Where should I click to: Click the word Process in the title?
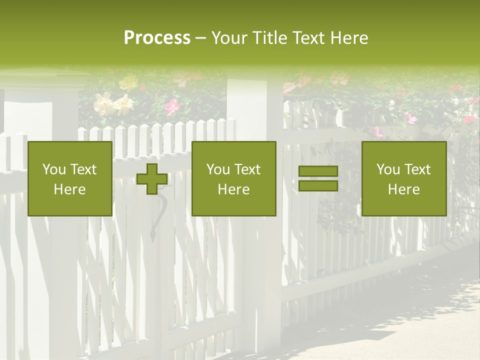157,38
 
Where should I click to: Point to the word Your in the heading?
229,38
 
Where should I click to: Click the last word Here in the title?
348,38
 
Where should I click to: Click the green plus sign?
152,178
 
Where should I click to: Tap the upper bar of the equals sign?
318,171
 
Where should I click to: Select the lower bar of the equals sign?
318,185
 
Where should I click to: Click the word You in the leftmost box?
53,169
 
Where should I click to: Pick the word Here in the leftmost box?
69,189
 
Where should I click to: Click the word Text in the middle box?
247,169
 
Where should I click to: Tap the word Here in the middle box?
233,189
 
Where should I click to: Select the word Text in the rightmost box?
417,169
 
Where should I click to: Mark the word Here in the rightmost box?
403,189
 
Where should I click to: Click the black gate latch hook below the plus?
156,215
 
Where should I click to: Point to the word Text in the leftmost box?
83,169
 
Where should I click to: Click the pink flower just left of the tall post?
172,106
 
